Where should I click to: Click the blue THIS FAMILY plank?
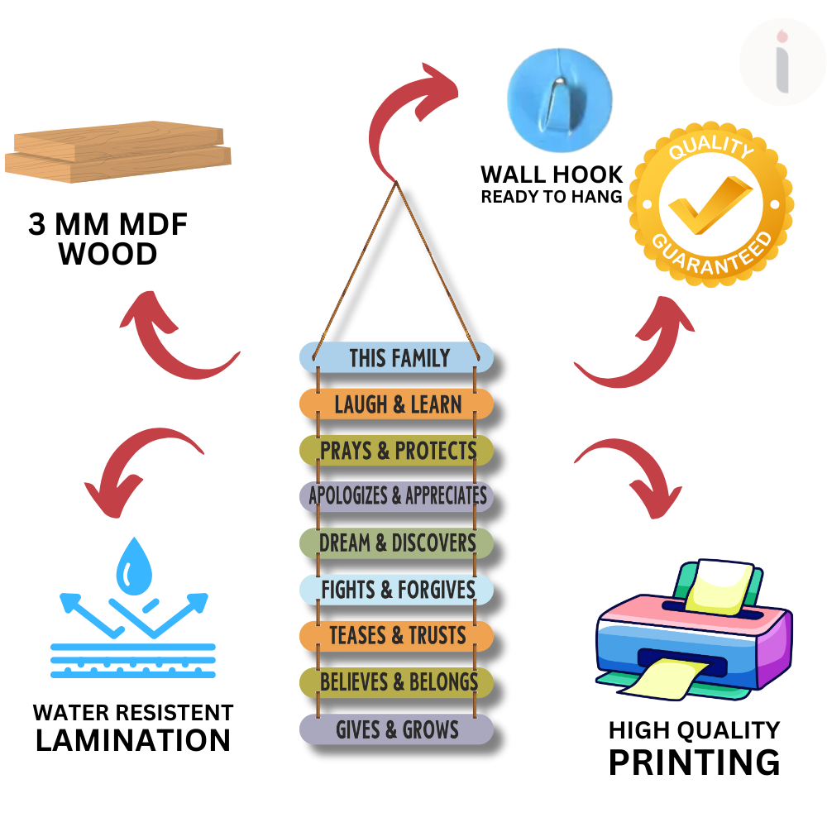(x=397, y=357)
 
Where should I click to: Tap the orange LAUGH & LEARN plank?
(x=397, y=404)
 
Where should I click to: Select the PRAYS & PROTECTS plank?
(x=397, y=451)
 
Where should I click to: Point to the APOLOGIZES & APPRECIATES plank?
(x=397, y=496)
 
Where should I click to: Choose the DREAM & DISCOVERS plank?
(x=397, y=543)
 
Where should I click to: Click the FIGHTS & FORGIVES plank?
(x=397, y=590)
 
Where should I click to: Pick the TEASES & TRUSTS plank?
(x=397, y=636)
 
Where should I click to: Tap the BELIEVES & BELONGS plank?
(x=397, y=682)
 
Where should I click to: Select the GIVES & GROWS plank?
(x=397, y=729)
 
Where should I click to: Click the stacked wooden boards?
(x=118, y=151)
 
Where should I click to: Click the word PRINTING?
(x=694, y=761)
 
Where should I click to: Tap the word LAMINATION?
(x=133, y=740)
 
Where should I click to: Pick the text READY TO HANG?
(x=552, y=197)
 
